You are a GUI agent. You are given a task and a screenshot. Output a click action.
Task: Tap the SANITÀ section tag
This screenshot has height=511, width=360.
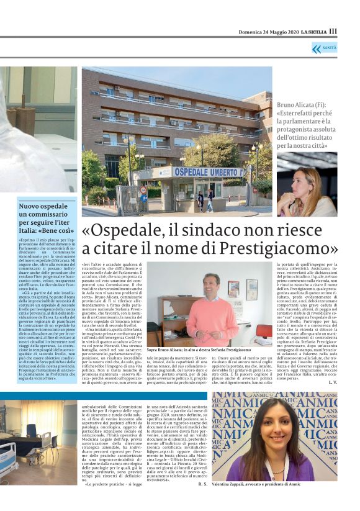coord(329,48)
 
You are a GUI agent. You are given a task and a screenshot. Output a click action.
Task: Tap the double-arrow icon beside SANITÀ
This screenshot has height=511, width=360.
coord(317,48)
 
